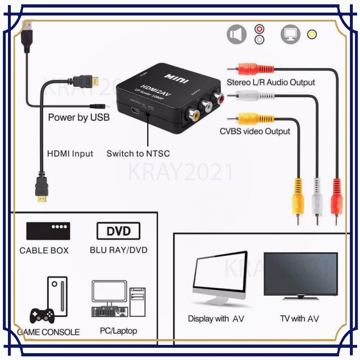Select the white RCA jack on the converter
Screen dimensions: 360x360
[x=207, y=106]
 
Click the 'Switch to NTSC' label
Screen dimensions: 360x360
[x=138, y=154]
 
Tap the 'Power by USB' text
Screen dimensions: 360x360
[x=79, y=117]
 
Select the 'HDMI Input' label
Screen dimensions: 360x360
[x=70, y=154]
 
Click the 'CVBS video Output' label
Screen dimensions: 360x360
[x=255, y=131]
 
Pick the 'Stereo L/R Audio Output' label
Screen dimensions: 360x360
[x=271, y=82]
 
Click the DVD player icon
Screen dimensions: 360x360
[x=118, y=231]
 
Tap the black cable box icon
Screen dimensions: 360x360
[x=48, y=231]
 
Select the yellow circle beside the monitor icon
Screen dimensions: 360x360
[x=312, y=35]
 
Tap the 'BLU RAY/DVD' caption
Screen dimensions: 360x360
[x=118, y=250]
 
